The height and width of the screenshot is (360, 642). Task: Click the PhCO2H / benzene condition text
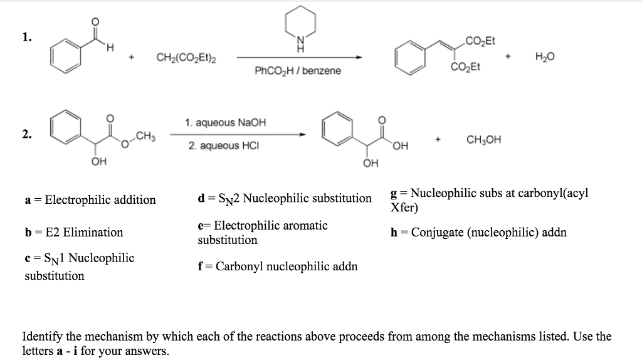click(298, 71)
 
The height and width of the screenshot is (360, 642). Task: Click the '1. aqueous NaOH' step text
click(226, 122)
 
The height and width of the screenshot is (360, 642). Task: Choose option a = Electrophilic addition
click(90, 200)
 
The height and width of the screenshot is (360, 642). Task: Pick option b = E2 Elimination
click(74, 233)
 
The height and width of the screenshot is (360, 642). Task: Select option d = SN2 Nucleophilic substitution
click(285, 198)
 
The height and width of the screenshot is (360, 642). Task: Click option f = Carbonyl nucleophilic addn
click(278, 267)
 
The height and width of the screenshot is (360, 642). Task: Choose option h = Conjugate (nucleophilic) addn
click(478, 233)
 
